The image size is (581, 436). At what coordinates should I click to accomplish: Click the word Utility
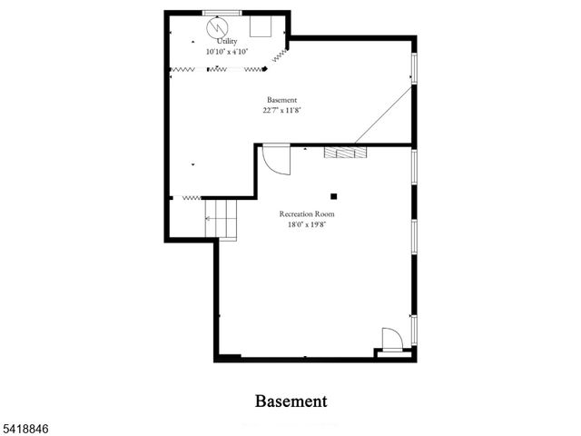pyautogui.click(x=227, y=41)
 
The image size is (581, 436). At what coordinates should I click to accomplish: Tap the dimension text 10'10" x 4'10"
pyautogui.click(x=227, y=51)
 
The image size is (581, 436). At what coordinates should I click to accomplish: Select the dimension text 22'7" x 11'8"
pyautogui.click(x=281, y=110)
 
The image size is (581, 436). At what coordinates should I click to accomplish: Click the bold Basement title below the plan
pyautogui.click(x=290, y=401)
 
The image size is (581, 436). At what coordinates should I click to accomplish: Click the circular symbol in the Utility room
pyautogui.click(x=217, y=27)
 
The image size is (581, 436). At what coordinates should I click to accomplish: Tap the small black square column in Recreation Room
pyautogui.click(x=334, y=194)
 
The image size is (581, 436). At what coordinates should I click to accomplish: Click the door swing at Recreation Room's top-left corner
pyautogui.click(x=275, y=160)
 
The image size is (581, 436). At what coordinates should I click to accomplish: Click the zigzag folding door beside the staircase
pyautogui.click(x=191, y=196)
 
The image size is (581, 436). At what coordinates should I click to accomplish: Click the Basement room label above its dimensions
pyautogui.click(x=281, y=99)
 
